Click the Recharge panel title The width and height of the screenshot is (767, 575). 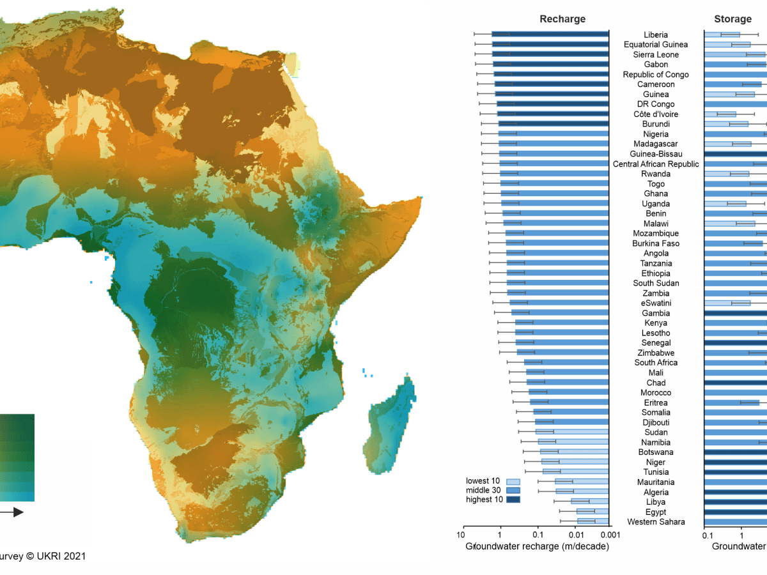coord(562,19)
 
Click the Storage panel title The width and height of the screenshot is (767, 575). coord(732,19)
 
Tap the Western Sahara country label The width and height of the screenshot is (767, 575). coord(656,522)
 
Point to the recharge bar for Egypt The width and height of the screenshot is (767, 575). coord(593,512)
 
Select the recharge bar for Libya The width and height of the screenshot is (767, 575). coord(590,502)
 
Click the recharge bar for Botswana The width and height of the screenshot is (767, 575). coord(575,452)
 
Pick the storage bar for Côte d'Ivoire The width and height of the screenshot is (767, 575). coord(720,114)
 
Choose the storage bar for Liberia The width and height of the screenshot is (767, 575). coord(722,34)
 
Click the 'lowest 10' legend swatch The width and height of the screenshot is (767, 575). coord(513,481)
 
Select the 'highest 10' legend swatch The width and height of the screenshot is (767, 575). coord(513,500)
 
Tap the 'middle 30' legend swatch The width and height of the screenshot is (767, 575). coord(513,490)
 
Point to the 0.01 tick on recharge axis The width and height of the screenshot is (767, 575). coord(577,535)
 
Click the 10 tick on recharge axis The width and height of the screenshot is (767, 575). coord(461,535)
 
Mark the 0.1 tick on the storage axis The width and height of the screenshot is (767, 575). coord(708,535)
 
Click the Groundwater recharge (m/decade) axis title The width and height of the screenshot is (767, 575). coord(538,546)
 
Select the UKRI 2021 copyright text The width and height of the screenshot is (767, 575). coord(42,556)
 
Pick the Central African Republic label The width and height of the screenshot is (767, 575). coord(656,164)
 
